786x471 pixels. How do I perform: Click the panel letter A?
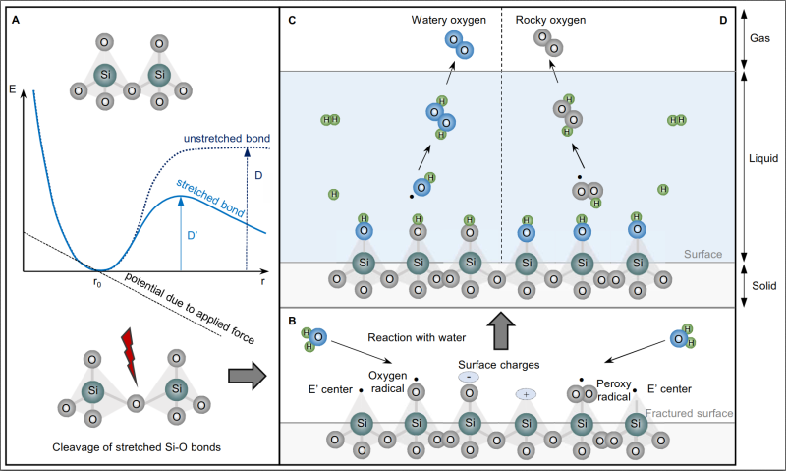tap(16, 15)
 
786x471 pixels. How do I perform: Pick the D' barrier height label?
tap(191, 237)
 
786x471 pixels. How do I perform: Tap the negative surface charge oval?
tap(468, 378)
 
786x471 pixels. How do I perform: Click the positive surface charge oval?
tap(526, 394)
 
